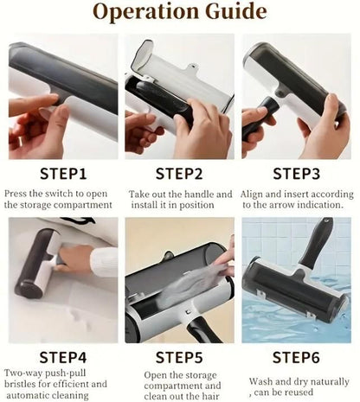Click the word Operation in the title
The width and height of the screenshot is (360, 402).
[x=145, y=12]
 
